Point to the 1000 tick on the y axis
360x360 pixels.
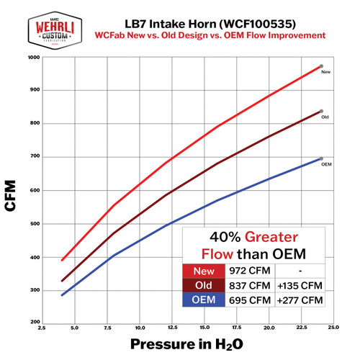click(35, 58)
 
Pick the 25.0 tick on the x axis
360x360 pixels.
click(332, 328)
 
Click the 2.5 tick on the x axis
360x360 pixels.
click(43, 328)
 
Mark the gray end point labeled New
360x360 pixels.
click(321, 66)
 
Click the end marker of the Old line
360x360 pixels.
click(321, 112)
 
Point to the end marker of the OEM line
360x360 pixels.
click(321, 159)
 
